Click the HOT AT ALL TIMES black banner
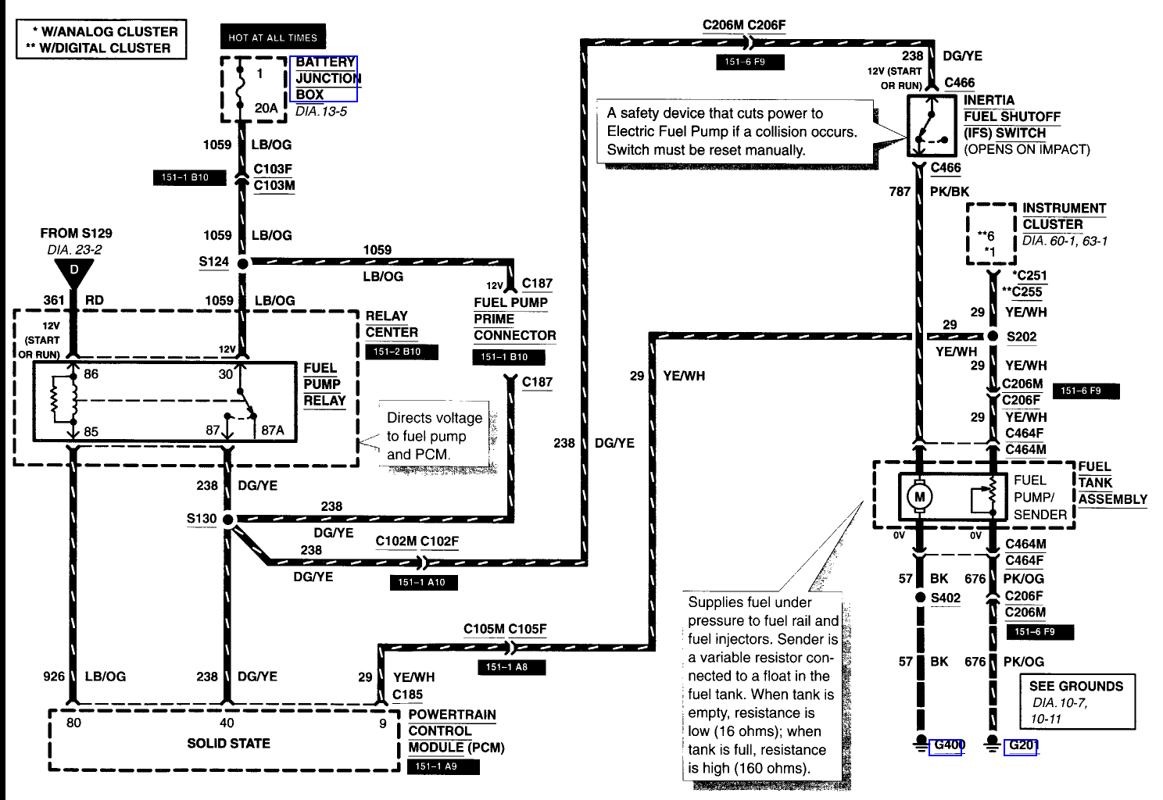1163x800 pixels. click(273, 37)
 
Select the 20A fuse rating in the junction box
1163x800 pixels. click(266, 108)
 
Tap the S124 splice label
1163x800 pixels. click(213, 262)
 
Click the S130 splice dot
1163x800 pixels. click(227, 519)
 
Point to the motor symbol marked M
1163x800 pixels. click(919, 496)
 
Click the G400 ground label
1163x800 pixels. click(947, 745)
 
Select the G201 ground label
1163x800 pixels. click(1022, 745)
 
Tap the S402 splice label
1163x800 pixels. click(946, 598)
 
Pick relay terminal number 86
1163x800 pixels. click(91, 374)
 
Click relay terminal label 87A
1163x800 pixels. click(272, 430)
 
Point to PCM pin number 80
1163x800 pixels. click(73, 723)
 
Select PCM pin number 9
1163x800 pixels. click(383, 723)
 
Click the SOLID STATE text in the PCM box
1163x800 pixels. click(228, 743)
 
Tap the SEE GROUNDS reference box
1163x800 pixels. click(1077, 702)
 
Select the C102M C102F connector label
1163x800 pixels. click(417, 541)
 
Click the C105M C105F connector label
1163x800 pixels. click(505, 629)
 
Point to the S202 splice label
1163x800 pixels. click(1021, 337)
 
